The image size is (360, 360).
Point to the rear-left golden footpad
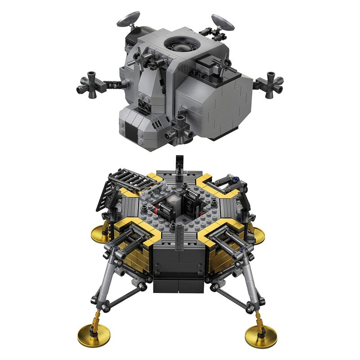click(101, 233)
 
